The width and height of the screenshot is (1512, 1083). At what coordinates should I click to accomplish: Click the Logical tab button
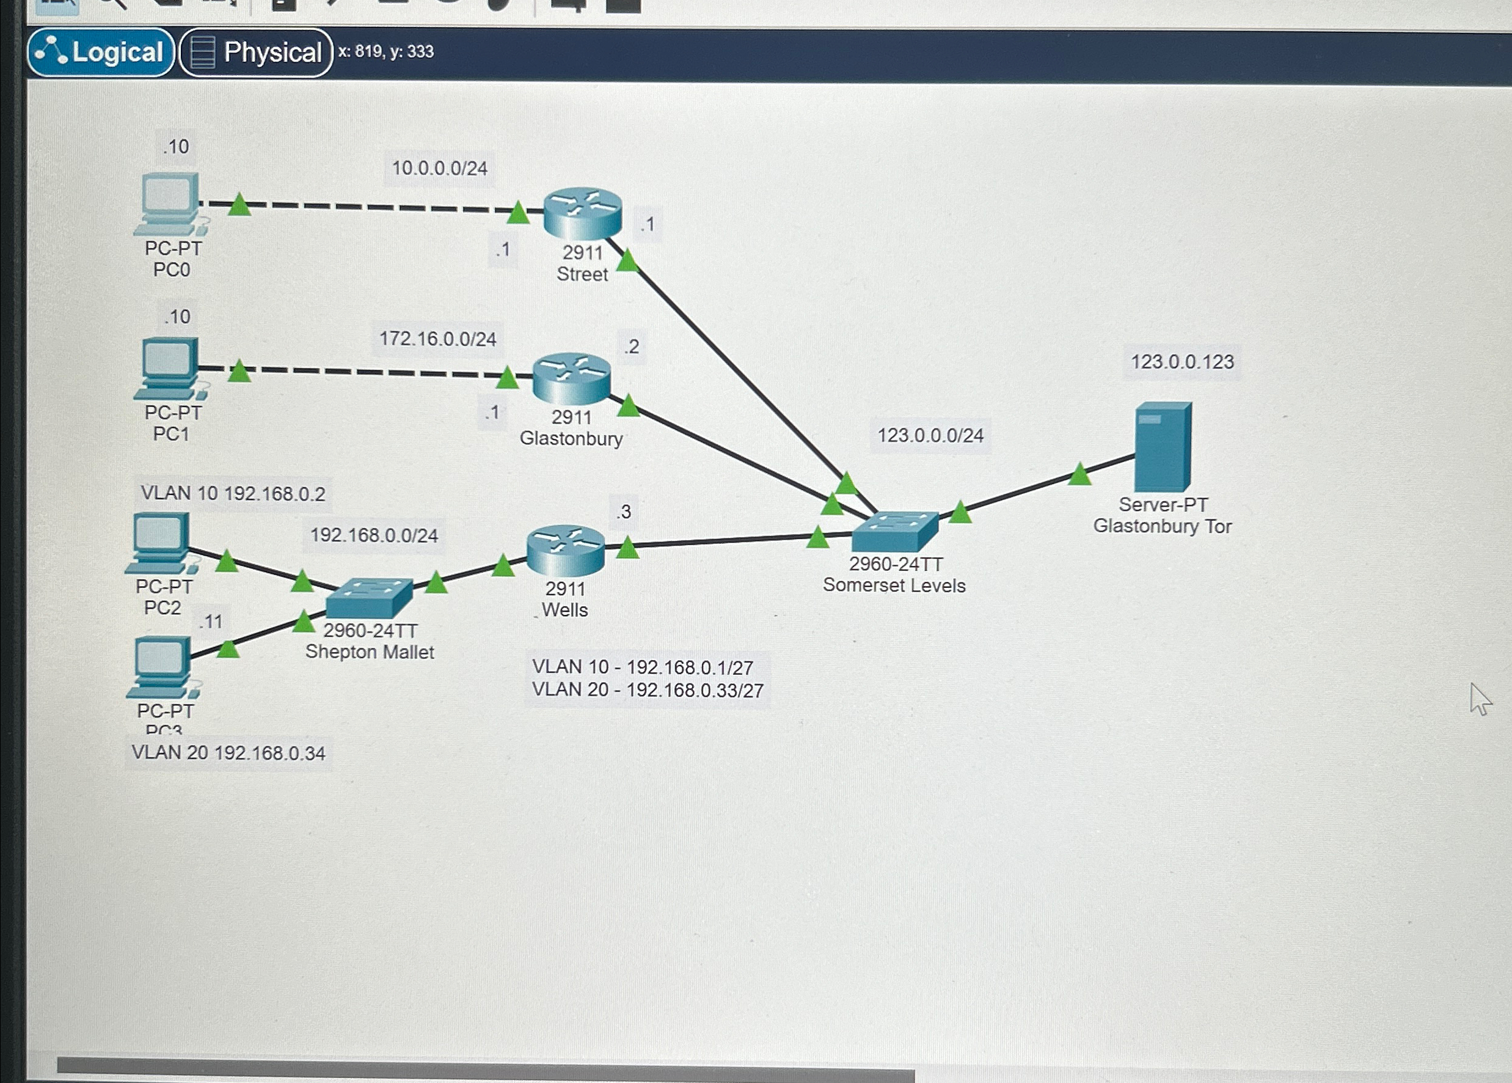pos(101,52)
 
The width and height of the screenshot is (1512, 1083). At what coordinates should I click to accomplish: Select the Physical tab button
pos(256,53)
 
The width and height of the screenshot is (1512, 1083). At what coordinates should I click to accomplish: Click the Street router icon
pos(582,212)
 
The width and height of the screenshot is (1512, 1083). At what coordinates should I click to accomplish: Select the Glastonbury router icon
pos(571,378)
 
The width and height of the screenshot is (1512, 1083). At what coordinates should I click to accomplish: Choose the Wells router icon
pos(565,550)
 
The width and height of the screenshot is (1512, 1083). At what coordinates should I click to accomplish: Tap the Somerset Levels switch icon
pos(894,531)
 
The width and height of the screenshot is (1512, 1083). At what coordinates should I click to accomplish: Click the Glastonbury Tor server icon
pos(1163,446)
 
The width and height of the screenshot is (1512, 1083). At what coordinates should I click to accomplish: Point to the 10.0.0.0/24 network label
pos(439,168)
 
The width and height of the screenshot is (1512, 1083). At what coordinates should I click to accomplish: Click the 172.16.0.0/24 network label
pos(437,339)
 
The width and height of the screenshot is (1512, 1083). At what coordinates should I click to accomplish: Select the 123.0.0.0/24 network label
pos(930,436)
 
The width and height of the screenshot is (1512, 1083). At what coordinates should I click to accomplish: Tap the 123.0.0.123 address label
pos(1182,362)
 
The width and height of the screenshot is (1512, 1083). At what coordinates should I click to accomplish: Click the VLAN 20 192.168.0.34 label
pos(228,753)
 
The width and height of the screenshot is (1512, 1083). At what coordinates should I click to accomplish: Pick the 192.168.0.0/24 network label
pos(374,535)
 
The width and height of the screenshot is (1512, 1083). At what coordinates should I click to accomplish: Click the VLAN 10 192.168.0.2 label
pos(233,493)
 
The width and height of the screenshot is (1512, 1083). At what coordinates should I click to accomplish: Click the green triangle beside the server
pos(1079,474)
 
